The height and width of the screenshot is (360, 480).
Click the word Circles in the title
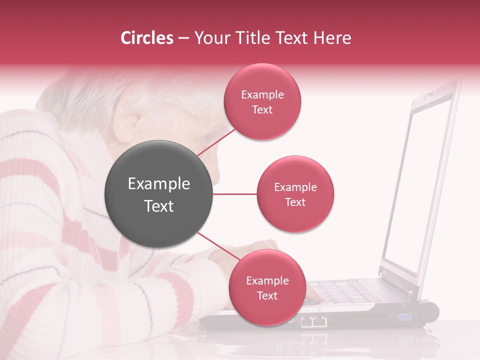[146, 38]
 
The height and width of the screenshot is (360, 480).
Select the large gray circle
[158, 194]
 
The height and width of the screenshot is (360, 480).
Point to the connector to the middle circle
[234, 194]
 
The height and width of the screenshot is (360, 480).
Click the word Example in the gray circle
[158, 184]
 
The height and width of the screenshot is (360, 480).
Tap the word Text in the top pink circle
[262, 110]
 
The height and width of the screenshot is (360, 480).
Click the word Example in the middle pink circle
[295, 187]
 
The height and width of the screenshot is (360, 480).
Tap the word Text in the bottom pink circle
[267, 296]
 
